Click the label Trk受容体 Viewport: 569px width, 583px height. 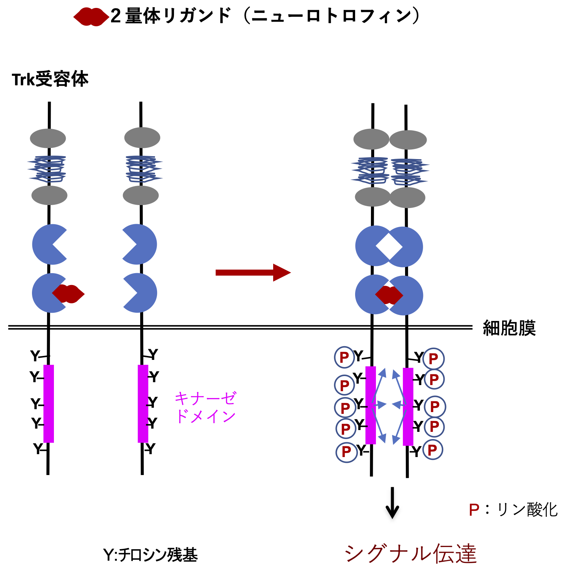tap(50, 80)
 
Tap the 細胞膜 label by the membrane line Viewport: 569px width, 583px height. tap(509, 328)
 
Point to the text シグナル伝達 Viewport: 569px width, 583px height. tap(410, 553)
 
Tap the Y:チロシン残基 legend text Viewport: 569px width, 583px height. tap(150, 555)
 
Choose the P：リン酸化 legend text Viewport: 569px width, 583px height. tap(513, 510)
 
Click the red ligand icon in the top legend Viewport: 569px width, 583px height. tap(91, 17)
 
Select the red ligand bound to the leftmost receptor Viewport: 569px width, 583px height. tap(69, 294)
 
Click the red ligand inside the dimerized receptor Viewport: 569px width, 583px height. tap(389, 295)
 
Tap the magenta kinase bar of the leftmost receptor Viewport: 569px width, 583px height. tap(49, 403)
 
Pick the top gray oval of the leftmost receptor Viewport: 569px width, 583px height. tap(48, 138)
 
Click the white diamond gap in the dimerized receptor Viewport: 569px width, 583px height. tap(389, 247)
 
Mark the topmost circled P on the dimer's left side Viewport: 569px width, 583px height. tap(344, 357)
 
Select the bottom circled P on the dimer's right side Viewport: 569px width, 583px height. tap(432, 450)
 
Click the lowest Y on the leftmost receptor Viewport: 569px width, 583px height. tap(38, 449)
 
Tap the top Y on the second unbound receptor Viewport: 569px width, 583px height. tap(153, 354)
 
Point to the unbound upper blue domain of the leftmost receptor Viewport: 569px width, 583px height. tap(49, 244)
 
